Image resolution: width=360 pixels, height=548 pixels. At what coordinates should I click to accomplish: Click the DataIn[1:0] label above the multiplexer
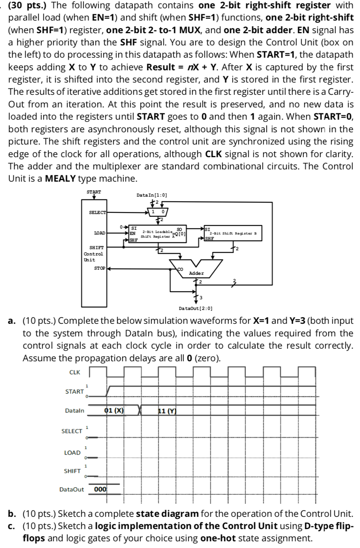tap(152, 195)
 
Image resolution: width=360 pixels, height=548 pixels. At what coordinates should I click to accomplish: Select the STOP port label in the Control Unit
tap(100, 268)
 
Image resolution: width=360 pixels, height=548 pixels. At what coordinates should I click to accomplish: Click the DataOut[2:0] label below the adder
tap(196, 308)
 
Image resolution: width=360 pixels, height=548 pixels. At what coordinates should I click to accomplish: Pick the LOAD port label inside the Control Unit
tap(99, 233)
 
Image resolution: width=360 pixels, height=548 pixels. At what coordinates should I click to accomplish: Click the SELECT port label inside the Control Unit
tap(97, 212)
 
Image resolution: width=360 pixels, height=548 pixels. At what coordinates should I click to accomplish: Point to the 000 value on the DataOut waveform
tap(101, 489)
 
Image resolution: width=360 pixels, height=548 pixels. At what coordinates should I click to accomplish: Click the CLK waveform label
tap(75, 372)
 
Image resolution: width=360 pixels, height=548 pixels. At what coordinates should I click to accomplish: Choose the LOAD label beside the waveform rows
tap(72, 452)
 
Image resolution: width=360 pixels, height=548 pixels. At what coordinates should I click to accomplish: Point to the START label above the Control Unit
tap(94, 192)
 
